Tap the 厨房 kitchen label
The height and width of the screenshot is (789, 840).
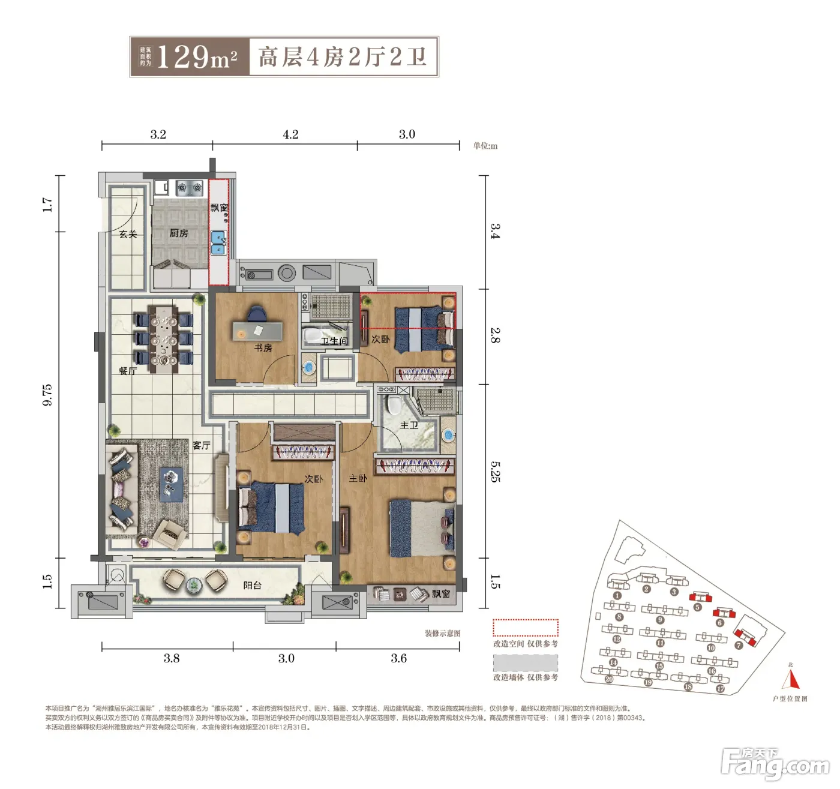pos(178,233)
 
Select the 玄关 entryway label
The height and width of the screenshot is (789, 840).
pos(128,234)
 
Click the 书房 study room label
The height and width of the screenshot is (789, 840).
pos(263,348)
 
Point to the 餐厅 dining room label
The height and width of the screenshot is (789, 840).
pos(128,371)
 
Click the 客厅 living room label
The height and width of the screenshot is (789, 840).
pos(202,445)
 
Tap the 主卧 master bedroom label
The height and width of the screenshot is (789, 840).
pos(358,478)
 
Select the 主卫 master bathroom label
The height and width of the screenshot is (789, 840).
pos(409,425)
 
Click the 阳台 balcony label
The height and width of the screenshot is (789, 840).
pos(252,585)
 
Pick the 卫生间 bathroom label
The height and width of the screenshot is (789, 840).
pos(334,341)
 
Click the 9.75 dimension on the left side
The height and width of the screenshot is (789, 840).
pos(47,395)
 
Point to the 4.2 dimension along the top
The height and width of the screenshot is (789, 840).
pos(290,134)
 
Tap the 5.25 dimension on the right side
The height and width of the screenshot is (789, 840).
pos(495,472)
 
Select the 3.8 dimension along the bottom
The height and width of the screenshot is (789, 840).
pos(172,658)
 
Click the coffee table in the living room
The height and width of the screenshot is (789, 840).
pos(171,484)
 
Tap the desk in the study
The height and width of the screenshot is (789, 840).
pos(257,331)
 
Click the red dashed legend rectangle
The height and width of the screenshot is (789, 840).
pos(526,628)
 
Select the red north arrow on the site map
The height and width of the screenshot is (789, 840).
pos(791,679)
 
